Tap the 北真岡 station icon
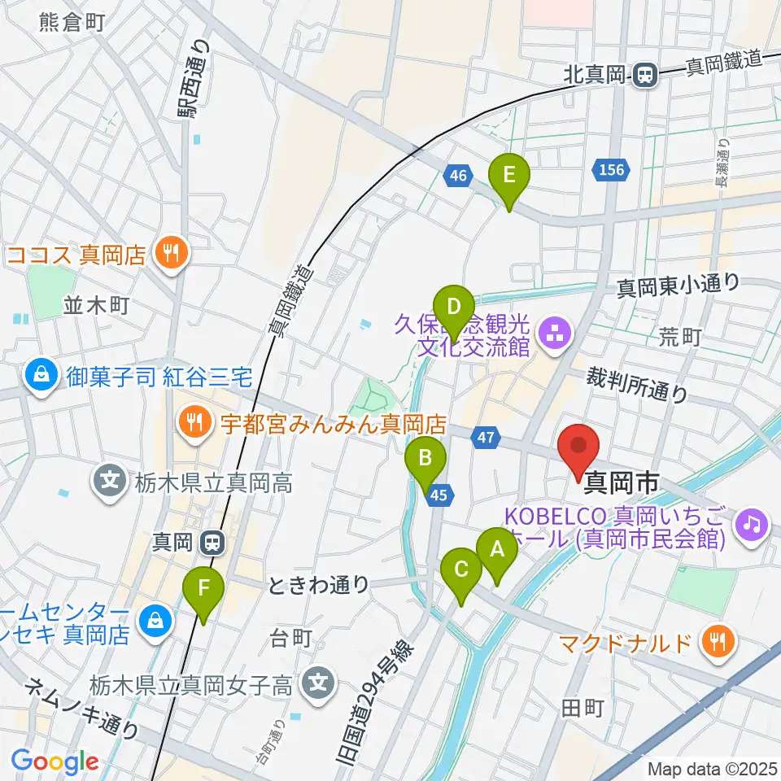[x=644, y=76]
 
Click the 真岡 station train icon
[x=213, y=541]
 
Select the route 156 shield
[x=611, y=170]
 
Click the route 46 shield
[x=459, y=174]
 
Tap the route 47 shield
[x=486, y=438]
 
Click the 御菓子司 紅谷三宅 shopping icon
[x=38, y=376]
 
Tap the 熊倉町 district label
[x=72, y=23]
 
